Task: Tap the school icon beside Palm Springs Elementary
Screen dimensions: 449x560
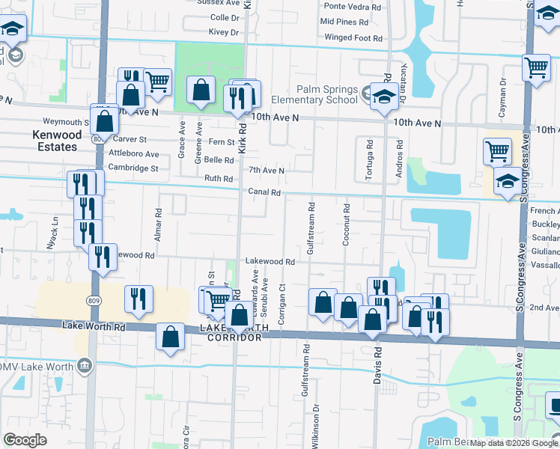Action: pyautogui.click(x=384, y=97)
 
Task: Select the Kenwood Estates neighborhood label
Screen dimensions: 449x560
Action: pyautogui.click(x=55, y=141)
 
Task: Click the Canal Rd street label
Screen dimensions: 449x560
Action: pyautogui.click(x=265, y=192)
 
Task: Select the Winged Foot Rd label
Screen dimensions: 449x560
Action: pyautogui.click(x=353, y=37)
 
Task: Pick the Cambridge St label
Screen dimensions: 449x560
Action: pyautogui.click(x=133, y=168)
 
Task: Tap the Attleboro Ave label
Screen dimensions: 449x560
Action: pyautogui.click(x=134, y=154)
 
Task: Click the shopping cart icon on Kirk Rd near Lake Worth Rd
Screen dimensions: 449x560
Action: pyautogui.click(x=218, y=301)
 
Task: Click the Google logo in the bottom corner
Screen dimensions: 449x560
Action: pyautogui.click(x=25, y=440)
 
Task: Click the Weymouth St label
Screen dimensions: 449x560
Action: pyautogui.click(x=67, y=122)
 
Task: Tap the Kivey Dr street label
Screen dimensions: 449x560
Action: pyautogui.click(x=224, y=32)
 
